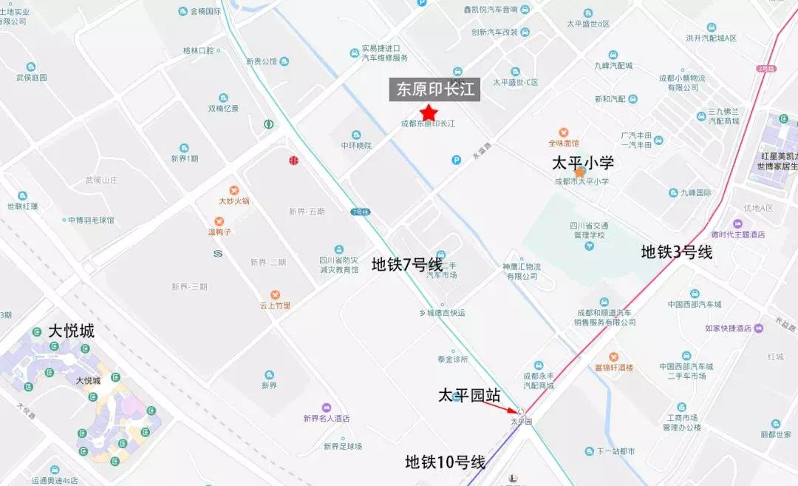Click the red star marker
pyautogui.click(x=429, y=112)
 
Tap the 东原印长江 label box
pyautogui.click(x=435, y=90)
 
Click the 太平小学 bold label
pyautogui.click(x=583, y=163)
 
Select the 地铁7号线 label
pyautogui.click(x=407, y=264)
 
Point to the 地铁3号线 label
pyautogui.click(x=676, y=252)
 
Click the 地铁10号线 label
pyautogui.click(x=445, y=462)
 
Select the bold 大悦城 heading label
pyautogui.click(x=71, y=331)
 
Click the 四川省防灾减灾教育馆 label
pyautogui.click(x=338, y=265)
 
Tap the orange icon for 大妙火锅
pyautogui.click(x=234, y=191)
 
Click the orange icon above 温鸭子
pyautogui.click(x=219, y=221)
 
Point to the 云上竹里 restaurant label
pyautogui.click(x=275, y=305)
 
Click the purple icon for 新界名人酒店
pyautogui.click(x=326, y=408)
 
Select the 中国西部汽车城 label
pyautogui.click(x=694, y=303)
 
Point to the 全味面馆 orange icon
pyautogui.click(x=564, y=132)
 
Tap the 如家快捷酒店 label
pyautogui.click(x=728, y=328)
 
